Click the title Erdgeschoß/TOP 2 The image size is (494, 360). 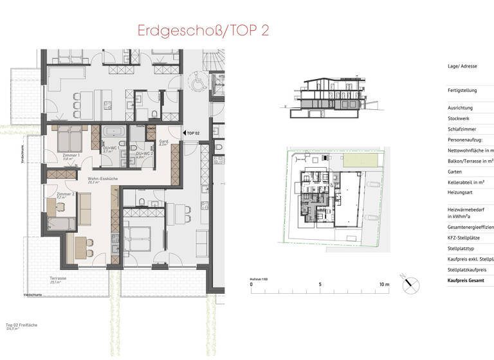(x=203, y=32)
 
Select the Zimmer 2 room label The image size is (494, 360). (x=66, y=194)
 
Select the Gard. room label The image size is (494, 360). (x=163, y=142)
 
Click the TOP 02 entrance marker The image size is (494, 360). (x=192, y=132)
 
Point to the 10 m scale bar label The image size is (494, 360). (x=383, y=283)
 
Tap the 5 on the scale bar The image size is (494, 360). (x=320, y=283)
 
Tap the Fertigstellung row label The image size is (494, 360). (x=464, y=91)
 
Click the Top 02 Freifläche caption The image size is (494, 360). (x=21, y=325)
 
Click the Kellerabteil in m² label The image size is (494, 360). (x=469, y=183)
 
